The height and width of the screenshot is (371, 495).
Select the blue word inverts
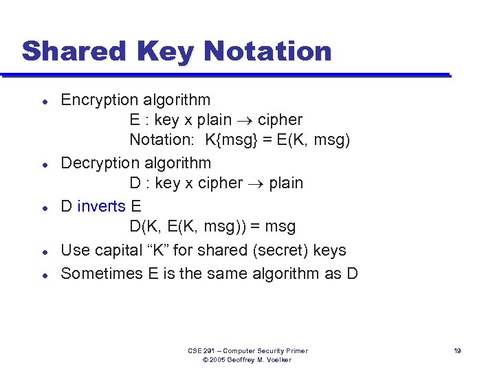(x=102, y=206)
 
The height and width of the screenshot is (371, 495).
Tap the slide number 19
(x=457, y=351)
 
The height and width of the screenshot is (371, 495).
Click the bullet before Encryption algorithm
(x=43, y=101)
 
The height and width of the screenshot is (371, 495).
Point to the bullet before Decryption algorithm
(x=43, y=164)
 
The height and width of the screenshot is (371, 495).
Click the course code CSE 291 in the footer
(x=201, y=351)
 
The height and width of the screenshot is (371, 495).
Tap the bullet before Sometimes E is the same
(x=43, y=274)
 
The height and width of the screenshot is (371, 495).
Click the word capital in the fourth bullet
(x=113, y=251)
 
